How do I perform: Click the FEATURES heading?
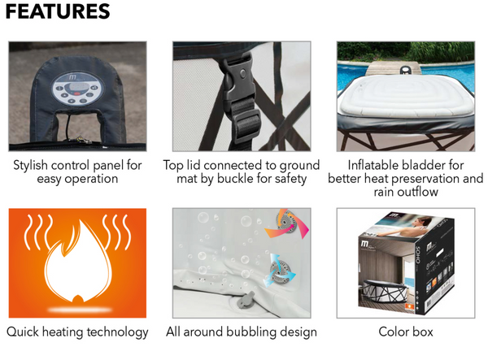coord(58,11)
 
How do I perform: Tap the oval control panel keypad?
coord(77,89)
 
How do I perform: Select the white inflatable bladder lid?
coord(405,96)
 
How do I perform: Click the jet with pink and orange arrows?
coord(286,223)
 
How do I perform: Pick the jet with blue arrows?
coord(279,270)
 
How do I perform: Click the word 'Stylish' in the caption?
coord(31,166)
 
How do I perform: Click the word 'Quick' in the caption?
coord(23,332)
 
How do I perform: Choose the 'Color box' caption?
coord(406,332)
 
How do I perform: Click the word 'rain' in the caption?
coord(385,192)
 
